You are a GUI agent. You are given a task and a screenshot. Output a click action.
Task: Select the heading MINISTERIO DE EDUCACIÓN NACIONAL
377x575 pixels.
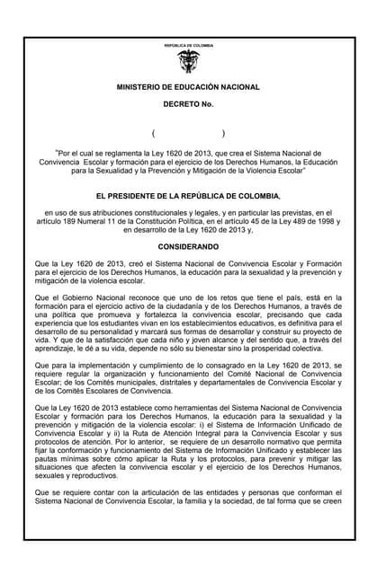click(188, 87)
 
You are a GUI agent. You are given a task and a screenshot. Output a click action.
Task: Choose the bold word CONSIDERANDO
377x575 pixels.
click(188, 244)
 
